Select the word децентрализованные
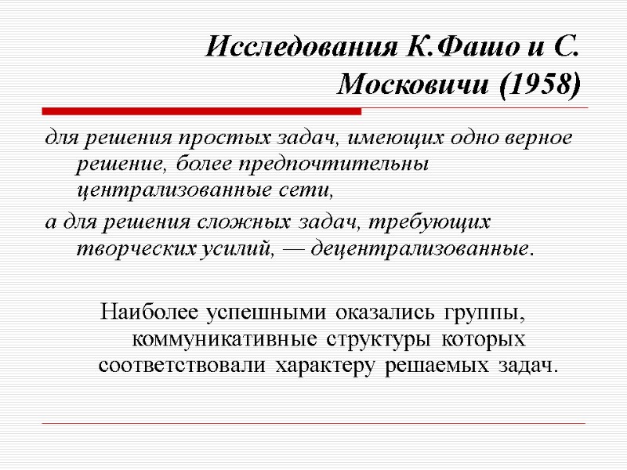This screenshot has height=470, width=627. click(x=418, y=249)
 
